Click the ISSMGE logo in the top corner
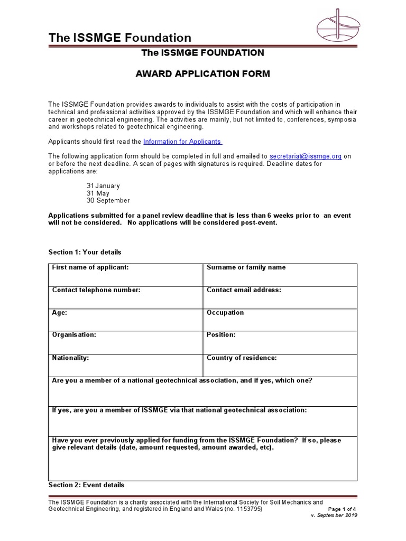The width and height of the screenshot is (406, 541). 338,24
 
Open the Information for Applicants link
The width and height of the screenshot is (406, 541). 183,142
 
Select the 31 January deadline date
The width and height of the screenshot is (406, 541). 103,186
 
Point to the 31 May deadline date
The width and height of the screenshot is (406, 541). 98,193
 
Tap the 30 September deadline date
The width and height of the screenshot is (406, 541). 108,201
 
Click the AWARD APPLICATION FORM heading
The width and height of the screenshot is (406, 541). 203,74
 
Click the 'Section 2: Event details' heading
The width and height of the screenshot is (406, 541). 86,485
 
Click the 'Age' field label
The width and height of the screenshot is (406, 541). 59,313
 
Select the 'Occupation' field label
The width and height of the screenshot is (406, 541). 225,313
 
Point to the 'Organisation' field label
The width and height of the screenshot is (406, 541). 74,335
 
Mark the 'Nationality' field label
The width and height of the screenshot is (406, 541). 70,358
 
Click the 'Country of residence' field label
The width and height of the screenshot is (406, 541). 242,358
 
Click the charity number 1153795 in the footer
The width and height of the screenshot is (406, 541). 248,509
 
